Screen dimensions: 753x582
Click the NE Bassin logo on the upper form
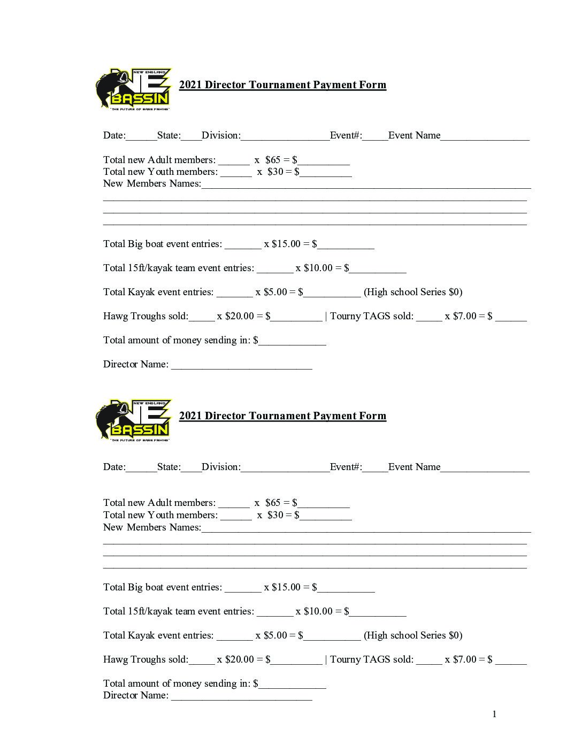(x=133, y=89)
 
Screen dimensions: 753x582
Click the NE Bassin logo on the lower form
(x=133, y=420)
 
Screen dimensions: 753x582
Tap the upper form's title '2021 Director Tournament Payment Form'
(x=282, y=85)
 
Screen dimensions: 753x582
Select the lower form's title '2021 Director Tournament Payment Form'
(x=282, y=416)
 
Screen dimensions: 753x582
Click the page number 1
(x=494, y=714)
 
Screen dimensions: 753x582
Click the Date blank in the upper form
(x=141, y=136)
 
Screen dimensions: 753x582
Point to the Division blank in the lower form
(x=285, y=468)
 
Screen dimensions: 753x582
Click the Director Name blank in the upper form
(x=241, y=365)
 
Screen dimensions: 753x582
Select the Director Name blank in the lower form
(x=241, y=696)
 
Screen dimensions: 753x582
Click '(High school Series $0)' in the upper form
(x=413, y=292)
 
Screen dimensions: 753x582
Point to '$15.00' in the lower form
(x=286, y=587)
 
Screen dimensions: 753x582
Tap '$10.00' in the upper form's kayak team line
(x=318, y=268)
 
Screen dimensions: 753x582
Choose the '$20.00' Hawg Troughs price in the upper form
(x=240, y=316)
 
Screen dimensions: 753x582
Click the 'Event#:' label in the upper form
(x=346, y=135)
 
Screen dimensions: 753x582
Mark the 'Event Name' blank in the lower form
(x=485, y=468)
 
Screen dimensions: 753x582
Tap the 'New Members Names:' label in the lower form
(x=152, y=527)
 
